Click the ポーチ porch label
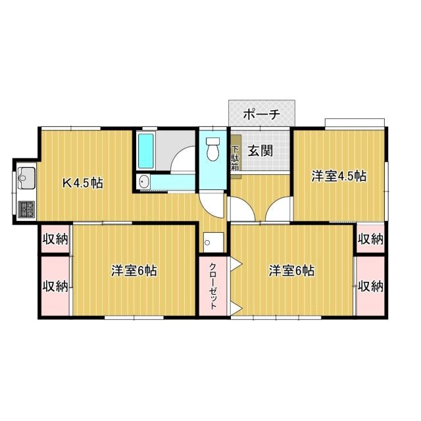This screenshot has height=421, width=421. [x=261, y=114]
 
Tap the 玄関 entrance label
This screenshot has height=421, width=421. [x=260, y=150]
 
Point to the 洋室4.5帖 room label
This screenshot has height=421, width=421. [x=339, y=176]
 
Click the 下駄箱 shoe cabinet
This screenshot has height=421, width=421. [x=235, y=158]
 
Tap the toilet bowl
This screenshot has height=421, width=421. [x=212, y=151]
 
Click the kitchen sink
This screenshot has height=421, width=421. [x=27, y=176]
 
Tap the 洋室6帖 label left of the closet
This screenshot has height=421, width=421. [x=134, y=270]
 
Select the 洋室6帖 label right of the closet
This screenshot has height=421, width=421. [x=291, y=270]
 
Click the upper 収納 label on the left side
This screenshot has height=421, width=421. [x=55, y=239]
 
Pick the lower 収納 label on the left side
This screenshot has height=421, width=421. [x=55, y=286]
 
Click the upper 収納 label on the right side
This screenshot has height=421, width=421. [x=370, y=239]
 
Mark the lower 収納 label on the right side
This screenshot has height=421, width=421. [x=370, y=286]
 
